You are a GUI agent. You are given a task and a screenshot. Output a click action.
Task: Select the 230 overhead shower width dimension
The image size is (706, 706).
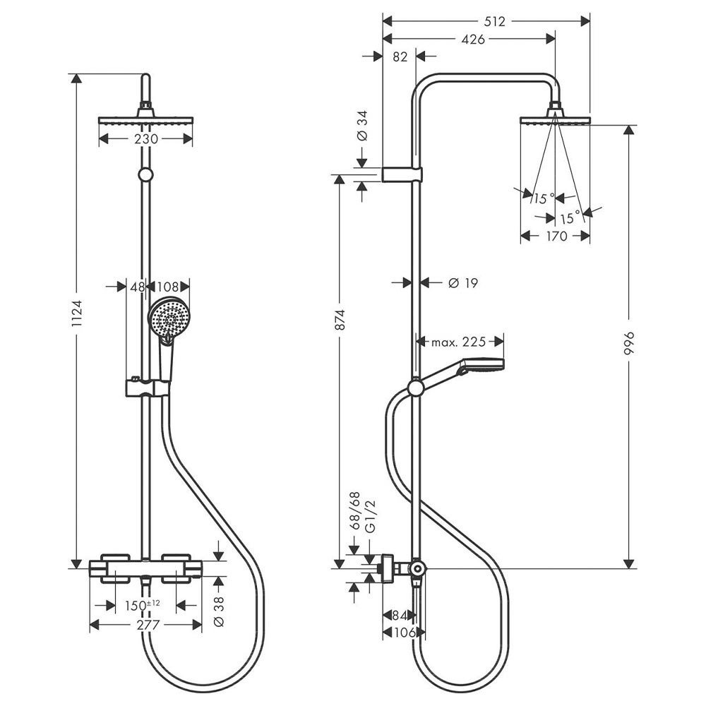coord(145,140)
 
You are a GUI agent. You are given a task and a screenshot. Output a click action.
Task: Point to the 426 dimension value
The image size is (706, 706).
coord(472,40)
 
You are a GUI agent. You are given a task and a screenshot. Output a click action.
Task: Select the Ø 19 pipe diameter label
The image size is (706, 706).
coord(464,283)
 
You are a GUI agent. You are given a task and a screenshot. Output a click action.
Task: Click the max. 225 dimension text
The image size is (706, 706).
coord(459,342)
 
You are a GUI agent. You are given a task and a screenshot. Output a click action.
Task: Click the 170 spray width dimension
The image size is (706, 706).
coord(556,237)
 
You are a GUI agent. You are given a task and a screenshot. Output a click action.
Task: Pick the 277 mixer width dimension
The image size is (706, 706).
coord(146,625)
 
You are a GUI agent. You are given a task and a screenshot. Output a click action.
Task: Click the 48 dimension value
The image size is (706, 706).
coord(137,287)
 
